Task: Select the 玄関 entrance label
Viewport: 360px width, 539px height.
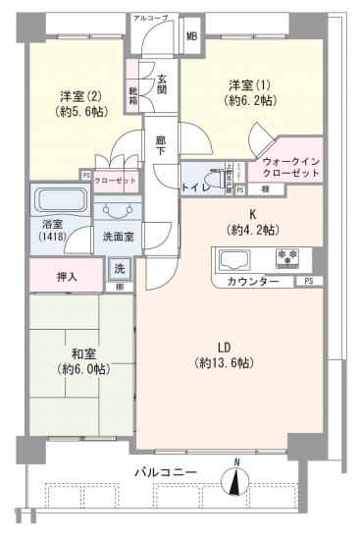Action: click(x=160, y=85)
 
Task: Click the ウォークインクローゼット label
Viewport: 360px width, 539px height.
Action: click(x=291, y=167)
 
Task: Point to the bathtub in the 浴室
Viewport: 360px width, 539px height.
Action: click(x=60, y=203)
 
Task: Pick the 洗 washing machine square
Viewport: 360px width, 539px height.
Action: click(x=119, y=268)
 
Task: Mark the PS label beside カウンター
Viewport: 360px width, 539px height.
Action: click(x=308, y=282)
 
